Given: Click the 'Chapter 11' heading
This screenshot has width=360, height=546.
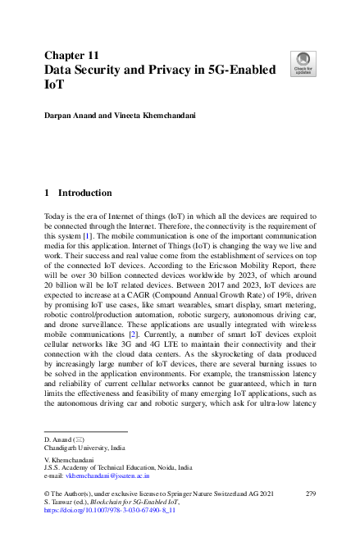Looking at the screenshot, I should click(72, 55).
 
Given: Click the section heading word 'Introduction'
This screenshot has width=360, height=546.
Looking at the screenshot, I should click(85, 193).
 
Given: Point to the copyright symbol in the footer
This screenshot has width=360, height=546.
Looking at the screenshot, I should click(47, 494).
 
